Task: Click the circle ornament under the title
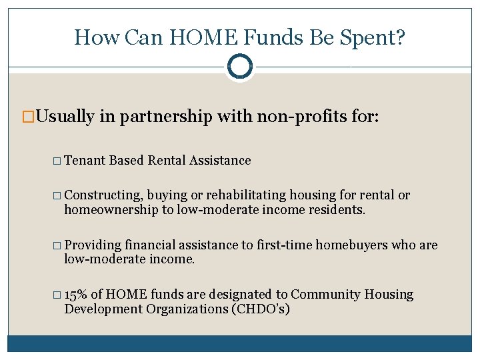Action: coord(240,66)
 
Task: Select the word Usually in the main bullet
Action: coord(65,117)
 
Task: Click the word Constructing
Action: coord(104,195)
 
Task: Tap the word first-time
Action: coord(285,245)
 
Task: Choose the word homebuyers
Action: coord(351,245)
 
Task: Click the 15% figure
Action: coord(77,295)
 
